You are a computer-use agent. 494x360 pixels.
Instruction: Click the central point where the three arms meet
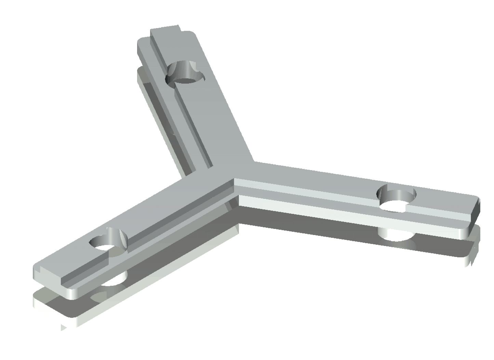(x=235, y=181)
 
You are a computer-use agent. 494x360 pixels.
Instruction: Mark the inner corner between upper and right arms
(x=254, y=161)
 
